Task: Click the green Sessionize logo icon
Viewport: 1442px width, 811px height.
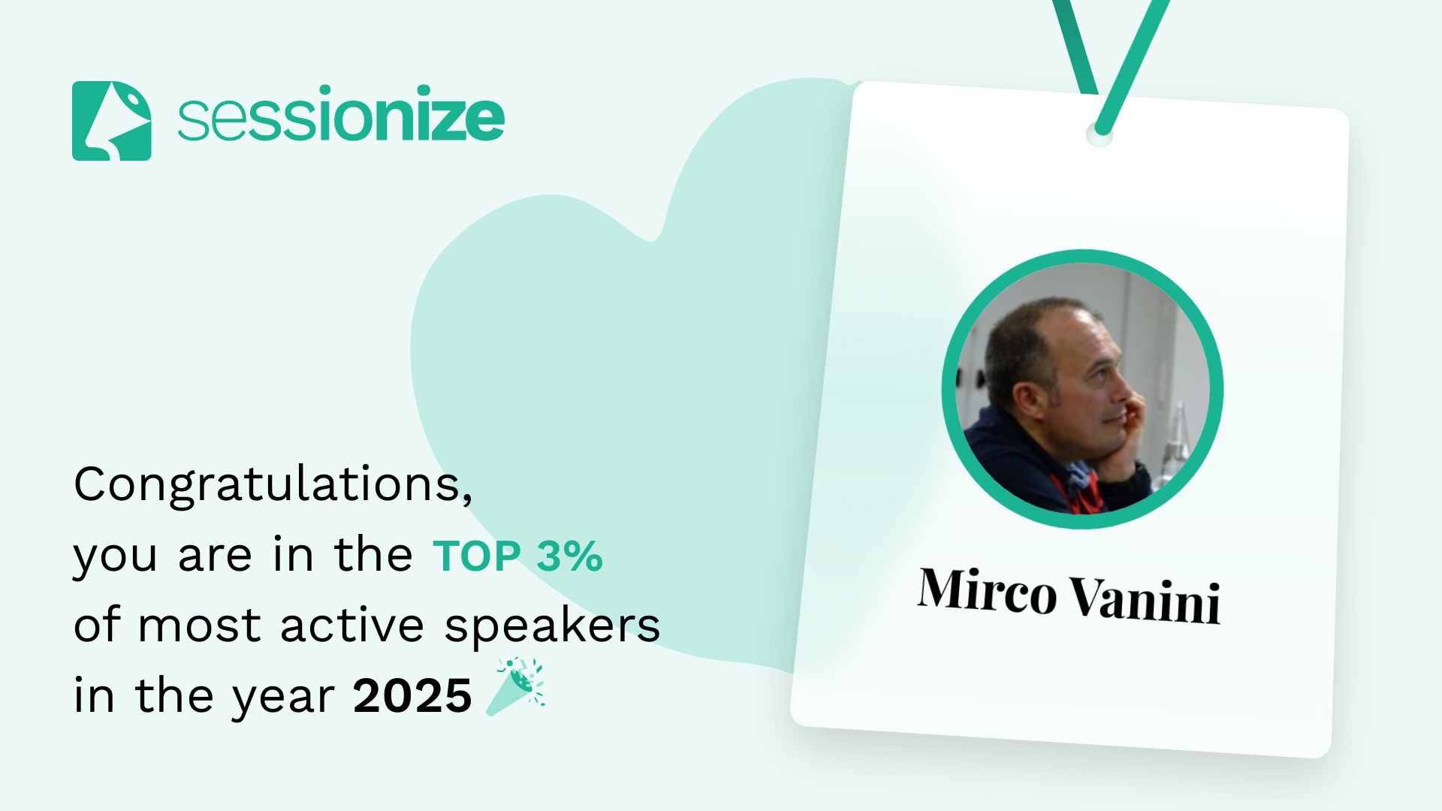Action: tap(111, 121)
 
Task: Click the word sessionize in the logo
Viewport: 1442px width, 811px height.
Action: tap(341, 114)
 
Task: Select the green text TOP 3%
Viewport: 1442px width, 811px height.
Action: tap(517, 556)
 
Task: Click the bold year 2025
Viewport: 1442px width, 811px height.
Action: tap(412, 695)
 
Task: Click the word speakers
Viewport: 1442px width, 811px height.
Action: tap(552, 626)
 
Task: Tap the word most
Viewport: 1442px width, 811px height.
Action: tap(199, 626)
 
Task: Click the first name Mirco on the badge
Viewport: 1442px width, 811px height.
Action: tap(987, 590)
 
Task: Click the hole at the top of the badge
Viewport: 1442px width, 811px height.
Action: tap(1100, 134)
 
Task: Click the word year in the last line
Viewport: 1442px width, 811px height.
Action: tap(283, 698)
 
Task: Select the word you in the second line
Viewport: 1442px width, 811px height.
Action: tap(115, 559)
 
